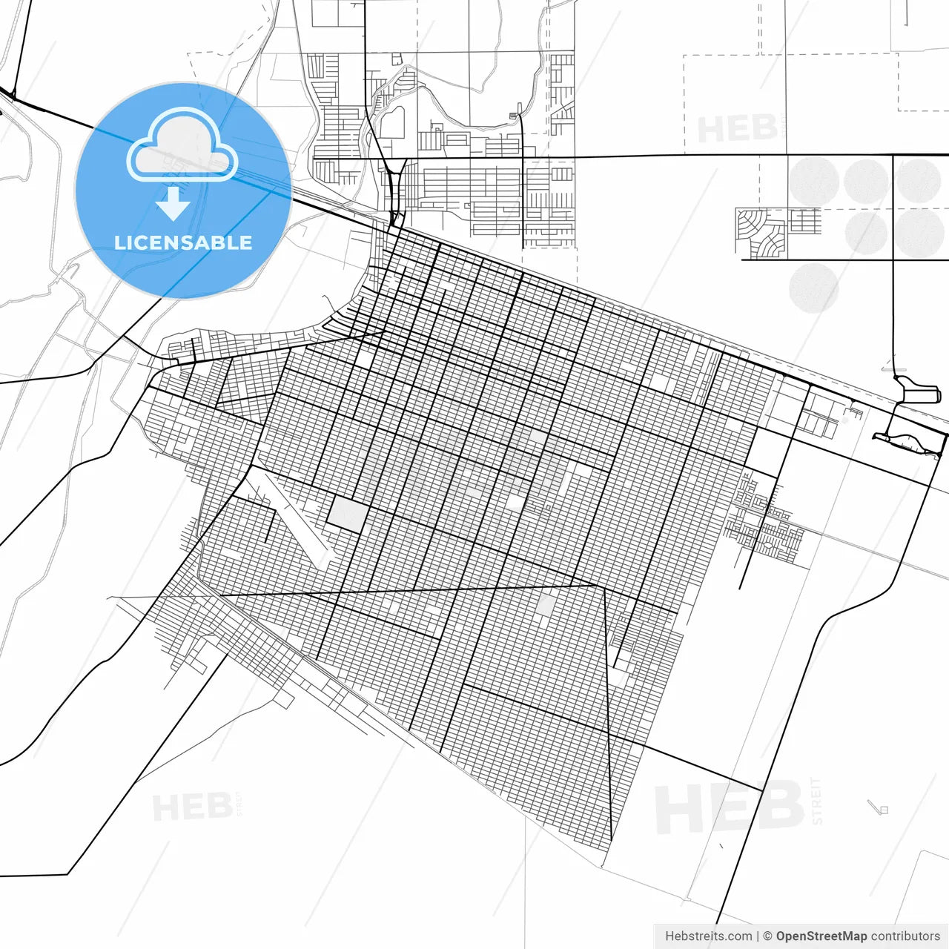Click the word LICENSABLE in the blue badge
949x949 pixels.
tap(183, 242)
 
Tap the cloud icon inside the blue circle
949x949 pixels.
tap(182, 146)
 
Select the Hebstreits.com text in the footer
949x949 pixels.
tap(708, 936)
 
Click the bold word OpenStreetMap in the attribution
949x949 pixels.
tap(821, 936)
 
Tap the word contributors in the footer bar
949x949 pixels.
tap(905, 936)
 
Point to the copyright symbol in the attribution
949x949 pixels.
tap(768, 936)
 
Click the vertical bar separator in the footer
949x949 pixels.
tap(758, 936)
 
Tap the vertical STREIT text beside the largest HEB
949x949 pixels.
tap(817, 801)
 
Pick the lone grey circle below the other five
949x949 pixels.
tap(813, 288)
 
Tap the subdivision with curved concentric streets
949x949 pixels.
tap(760, 232)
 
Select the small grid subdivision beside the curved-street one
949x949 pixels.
tap(804, 221)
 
